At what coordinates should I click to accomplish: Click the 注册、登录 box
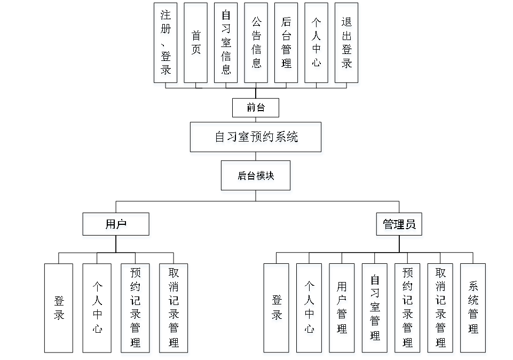pyautogui.click(x=166, y=45)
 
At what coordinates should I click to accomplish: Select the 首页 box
pyautogui.click(x=196, y=45)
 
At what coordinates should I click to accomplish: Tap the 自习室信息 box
pyautogui.click(x=226, y=45)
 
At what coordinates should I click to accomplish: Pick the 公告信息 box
pyautogui.click(x=257, y=45)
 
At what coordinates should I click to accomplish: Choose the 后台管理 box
pyautogui.click(x=287, y=45)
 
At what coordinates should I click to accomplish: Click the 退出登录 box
pyautogui.click(x=348, y=45)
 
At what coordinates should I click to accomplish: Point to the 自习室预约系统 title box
pyautogui.click(x=256, y=139)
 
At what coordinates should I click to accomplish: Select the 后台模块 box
pyautogui.click(x=256, y=177)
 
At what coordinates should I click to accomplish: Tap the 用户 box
pyautogui.click(x=116, y=226)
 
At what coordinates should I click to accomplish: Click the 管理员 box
pyautogui.click(x=399, y=226)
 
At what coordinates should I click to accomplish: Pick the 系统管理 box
pyautogui.click(x=473, y=310)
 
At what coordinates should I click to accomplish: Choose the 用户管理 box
pyautogui.click(x=342, y=310)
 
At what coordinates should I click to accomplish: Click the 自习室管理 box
pyautogui.click(x=375, y=310)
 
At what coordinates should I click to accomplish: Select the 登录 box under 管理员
pyautogui.click(x=277, y=310)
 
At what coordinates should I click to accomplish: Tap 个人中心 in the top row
pyautogui.click(x=317, y=45)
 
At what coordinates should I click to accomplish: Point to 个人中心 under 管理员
pyautogui.click(x=310, y=310)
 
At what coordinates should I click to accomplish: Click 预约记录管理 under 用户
pyautogui.click(x=136, y=310)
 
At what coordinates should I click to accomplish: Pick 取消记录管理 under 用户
pyautogui.click(x=174, y=310)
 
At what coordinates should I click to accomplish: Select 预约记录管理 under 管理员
pyautogui.click(x=408, y=310)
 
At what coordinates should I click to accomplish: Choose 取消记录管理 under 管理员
pyautogui.click(x=441, y=310)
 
